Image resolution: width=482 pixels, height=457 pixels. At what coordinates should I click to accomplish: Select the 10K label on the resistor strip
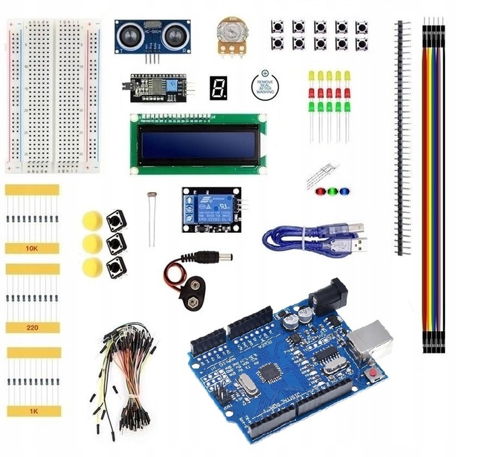click(x=32, y=248)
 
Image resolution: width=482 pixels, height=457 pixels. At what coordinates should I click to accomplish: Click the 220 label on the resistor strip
click(x=32, y=327)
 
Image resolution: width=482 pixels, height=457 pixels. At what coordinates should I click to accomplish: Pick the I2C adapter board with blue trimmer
click(x=157, y=88)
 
